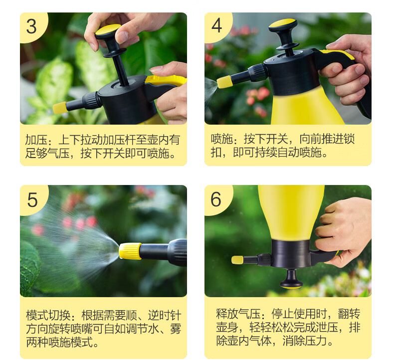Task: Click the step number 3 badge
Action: [31, 26]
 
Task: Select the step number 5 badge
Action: [32, 200]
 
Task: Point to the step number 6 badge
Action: [216, 199]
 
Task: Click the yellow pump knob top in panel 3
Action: [108, 29]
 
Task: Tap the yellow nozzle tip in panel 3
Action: [59, 108]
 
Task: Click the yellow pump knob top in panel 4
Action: [282, 23]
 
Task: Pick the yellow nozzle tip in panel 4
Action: [225, 82]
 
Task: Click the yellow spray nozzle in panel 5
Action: [130, 251]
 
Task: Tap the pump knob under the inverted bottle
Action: [291, 278]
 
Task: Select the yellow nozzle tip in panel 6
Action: [237, 260]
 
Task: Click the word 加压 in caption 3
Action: [36, 140]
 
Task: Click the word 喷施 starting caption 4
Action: [221, 139]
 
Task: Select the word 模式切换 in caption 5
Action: [48, 315]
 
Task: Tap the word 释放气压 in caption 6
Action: [238, 314]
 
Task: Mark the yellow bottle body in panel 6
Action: [291, 212]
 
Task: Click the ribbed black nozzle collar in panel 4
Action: [258, 73]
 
